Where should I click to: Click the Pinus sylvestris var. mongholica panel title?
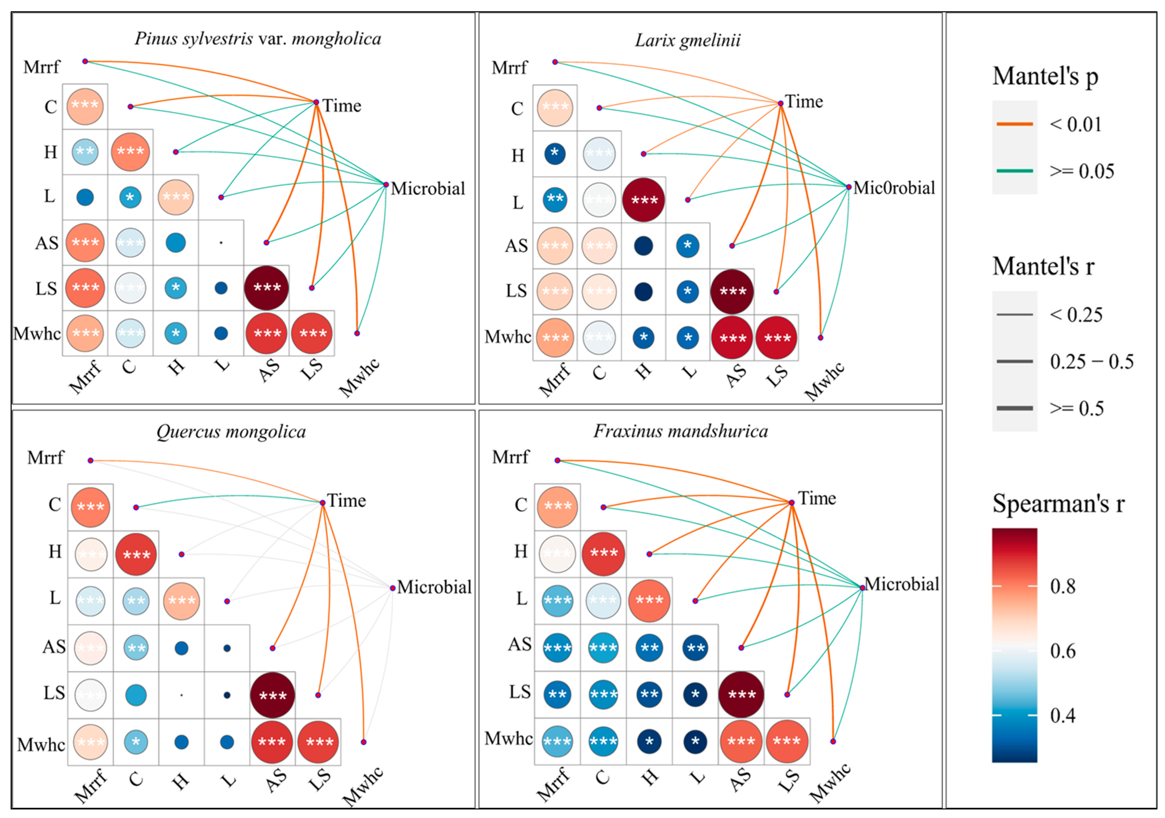(x=258, y=39)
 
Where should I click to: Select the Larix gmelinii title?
(x=688, y=40)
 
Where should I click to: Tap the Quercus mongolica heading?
(x=231, y=432)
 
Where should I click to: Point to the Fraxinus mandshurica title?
(x=680, y=431)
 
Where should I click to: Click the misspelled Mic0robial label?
(x=894, y=188)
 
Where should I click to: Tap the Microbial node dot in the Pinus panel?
(x=386, y=185)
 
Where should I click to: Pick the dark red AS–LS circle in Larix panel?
(x=732, y=291)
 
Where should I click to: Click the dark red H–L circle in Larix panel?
(x=643, y=200)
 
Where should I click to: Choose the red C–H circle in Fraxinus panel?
(x=603, y=554)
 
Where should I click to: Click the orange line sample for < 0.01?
(x=1014, y=124)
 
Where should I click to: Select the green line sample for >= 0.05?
(x=1014, y=171)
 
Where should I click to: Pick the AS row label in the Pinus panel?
(x=47, y=243)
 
